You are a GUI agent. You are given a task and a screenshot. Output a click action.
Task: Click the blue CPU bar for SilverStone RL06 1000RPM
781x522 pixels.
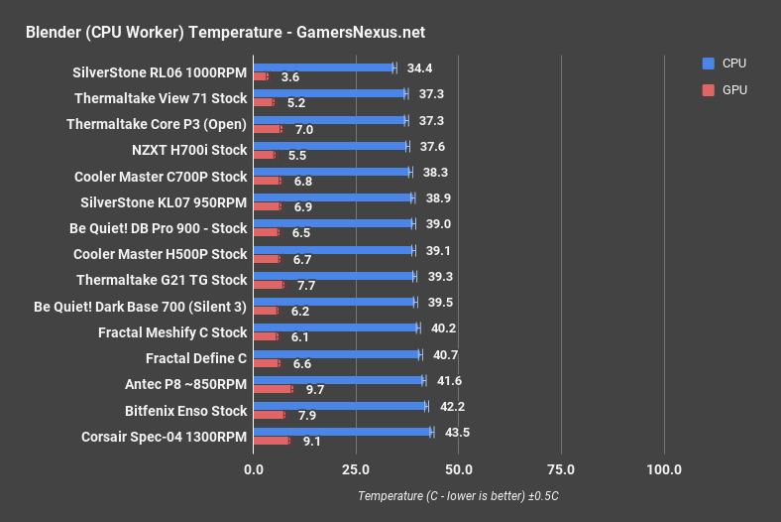click(324, 68)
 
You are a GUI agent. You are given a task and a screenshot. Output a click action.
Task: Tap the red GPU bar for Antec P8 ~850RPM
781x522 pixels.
click(273, 389)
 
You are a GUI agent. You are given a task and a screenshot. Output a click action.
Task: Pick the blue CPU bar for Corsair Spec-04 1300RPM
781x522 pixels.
click(343, 432)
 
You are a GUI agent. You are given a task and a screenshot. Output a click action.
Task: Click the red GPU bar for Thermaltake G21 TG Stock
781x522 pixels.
click(269, 285)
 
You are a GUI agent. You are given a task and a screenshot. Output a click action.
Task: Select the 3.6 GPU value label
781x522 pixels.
click(290, 76)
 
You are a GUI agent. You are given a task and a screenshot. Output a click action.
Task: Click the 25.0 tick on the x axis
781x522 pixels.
click(356, 469)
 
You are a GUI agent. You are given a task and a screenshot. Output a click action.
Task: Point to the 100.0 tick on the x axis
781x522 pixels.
click(663, 469)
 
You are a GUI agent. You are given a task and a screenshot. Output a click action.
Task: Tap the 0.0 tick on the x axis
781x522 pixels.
click(254, 469)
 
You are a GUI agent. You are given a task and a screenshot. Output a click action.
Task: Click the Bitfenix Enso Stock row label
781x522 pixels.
click(185, 409)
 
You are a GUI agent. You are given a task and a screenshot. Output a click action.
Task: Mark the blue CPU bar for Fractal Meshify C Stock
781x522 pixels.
click(336, 328)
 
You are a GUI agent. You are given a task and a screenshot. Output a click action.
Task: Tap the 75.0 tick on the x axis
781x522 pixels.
click(561, 469)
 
